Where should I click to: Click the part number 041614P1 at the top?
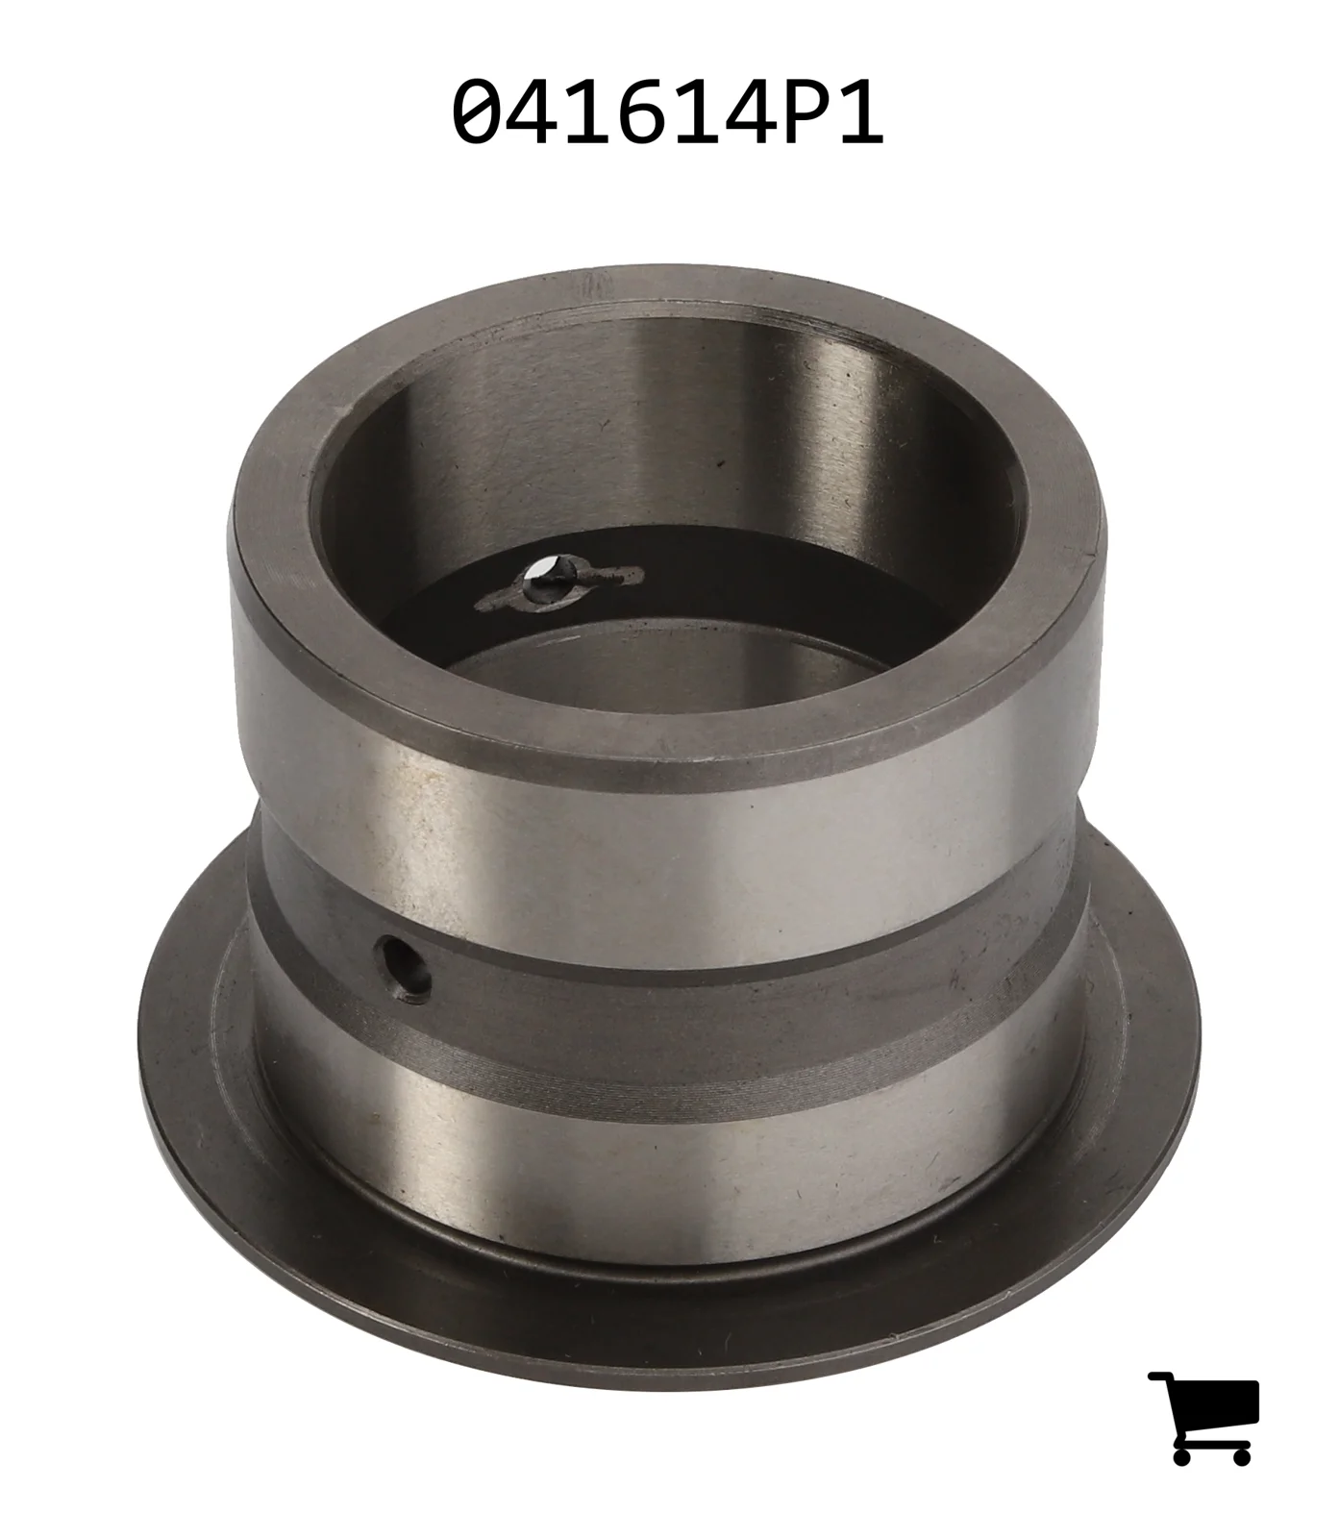667,112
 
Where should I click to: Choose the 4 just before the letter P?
748,112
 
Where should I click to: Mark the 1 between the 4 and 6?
588,112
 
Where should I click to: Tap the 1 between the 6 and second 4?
696,112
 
